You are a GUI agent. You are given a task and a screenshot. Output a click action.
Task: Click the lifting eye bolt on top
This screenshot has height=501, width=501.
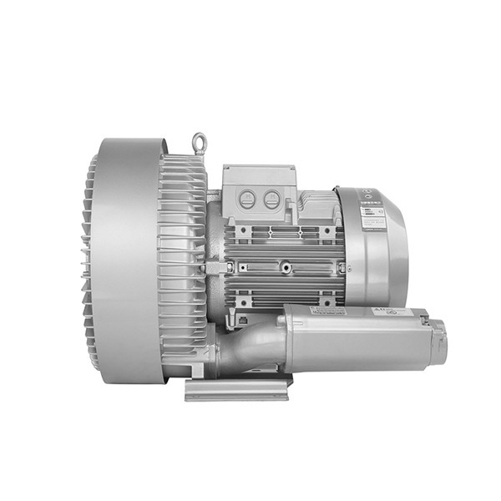[199, 142]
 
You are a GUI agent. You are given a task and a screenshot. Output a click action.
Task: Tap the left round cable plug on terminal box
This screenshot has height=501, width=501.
[247, 199]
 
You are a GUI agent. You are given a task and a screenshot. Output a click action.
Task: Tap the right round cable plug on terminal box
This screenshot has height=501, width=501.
[271, 199]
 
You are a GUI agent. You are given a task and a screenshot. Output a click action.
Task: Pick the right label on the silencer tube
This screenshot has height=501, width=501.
[389, 311]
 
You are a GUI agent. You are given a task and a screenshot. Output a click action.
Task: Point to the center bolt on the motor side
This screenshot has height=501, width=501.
[286, 268]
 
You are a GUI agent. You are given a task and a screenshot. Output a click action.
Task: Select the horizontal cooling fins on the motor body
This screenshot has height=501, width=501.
[284, 250]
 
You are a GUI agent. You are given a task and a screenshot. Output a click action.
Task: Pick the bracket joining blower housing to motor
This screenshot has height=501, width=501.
[215, 267]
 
